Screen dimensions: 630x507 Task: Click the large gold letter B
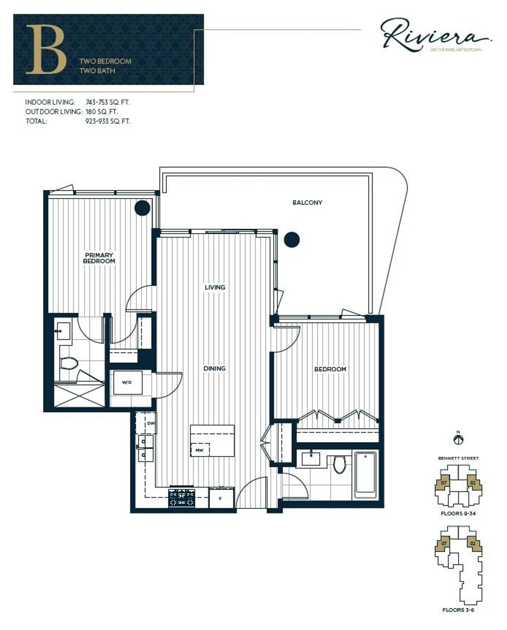pyautogui.click(x=46, y=49)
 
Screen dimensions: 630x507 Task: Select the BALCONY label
pyautogui.click(x=307, y=203)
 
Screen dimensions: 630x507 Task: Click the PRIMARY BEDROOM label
pyautogui.click(x=99, y=258)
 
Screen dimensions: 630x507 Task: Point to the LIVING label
pyautogui.click(x=215, y=287)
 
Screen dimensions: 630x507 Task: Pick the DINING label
pyautogui.click(x=214, y=368)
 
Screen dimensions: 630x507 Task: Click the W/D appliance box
pyautogui.click(x=127, y=382)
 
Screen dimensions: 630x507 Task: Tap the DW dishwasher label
pyautogui.click(x=151, y=423)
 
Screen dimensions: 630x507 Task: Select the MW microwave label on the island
pyautogui.click(x=199, y=450)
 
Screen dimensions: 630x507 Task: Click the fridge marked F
pyautogui.click(x=221, y=498)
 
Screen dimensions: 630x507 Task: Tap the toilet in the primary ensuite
pyautogui.click(x=69, y=364)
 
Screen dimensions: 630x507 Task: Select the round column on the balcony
pyautogui.click(x=292, y=240)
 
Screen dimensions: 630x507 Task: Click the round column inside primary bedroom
pyautogui.click(x=142, y=208)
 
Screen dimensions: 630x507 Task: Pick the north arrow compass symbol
pyautogui.click(x=458, y=440)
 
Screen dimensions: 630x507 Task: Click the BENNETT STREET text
pyautogui.click(x=458, y=458)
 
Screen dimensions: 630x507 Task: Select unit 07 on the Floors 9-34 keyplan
pyautogui.click(x=443, y=483)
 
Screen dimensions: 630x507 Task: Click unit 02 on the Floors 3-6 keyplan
pyautogui.click(x=473, y=544)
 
